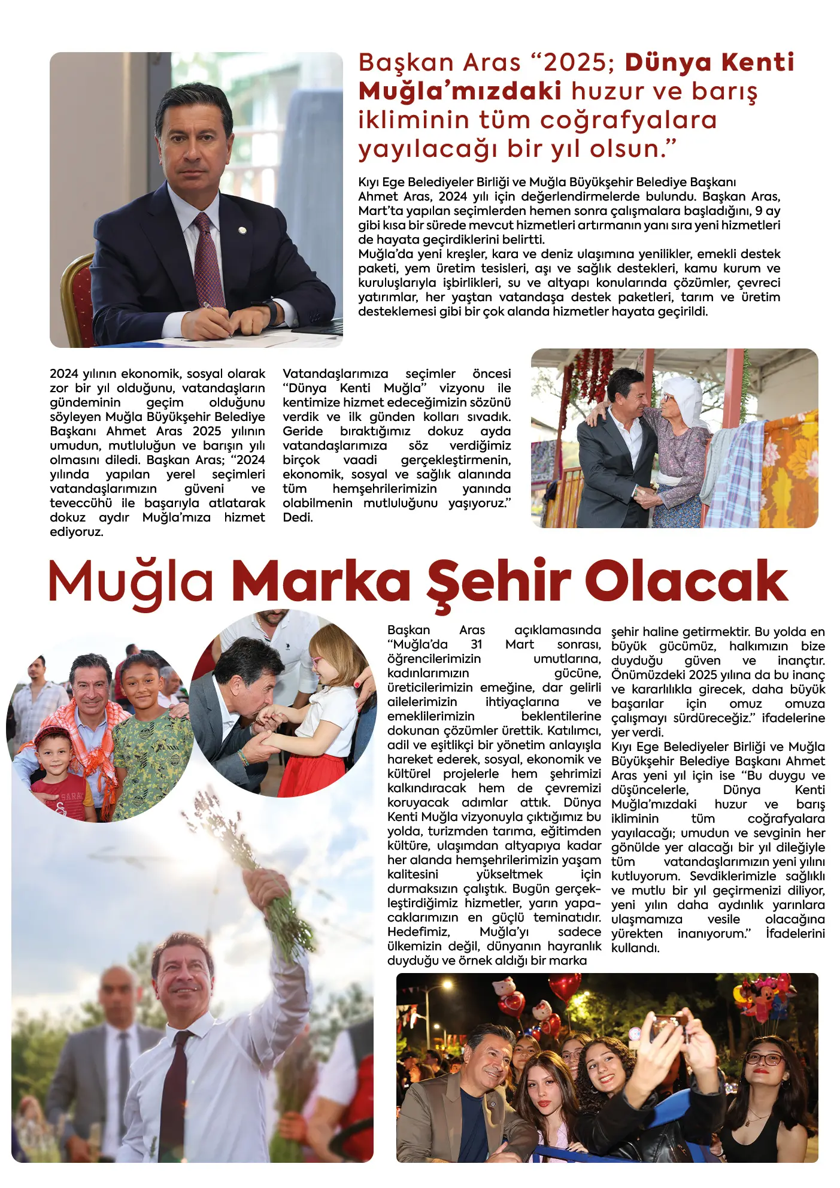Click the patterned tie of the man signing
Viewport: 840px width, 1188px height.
coord(208,257)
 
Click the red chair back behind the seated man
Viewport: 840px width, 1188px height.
coord(77,293)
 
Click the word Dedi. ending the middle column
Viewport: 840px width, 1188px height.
coord(298,517)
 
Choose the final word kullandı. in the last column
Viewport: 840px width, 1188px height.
coord(635,948)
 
